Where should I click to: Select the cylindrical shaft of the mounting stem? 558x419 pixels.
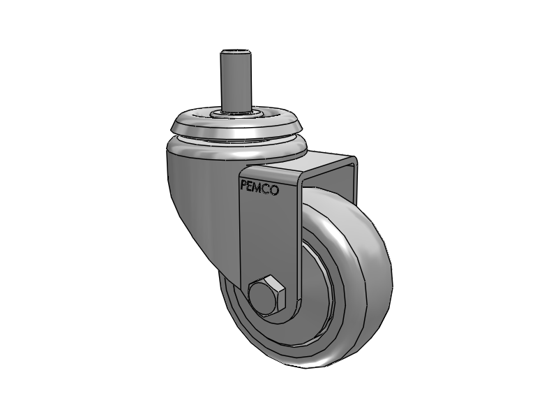(236, 80)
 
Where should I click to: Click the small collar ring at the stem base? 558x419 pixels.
(235, 110)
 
